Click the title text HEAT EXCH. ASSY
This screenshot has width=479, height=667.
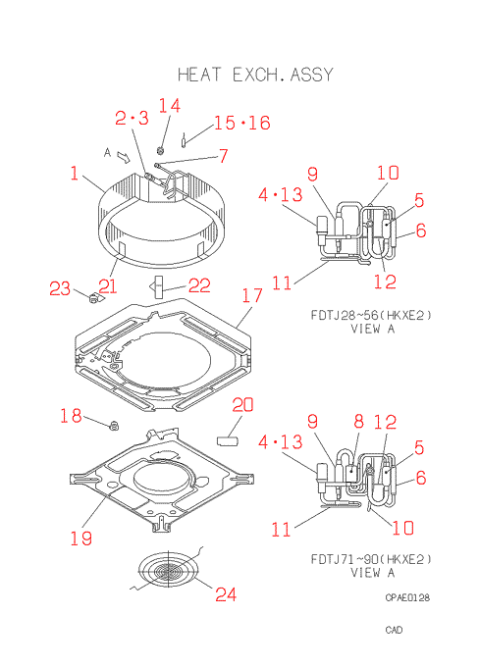click(x=255, y=75)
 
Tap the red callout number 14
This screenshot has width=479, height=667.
click(x=170, y=106)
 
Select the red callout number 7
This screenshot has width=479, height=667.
click(x=224, y=156)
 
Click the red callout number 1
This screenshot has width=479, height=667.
click(x=75, y=174)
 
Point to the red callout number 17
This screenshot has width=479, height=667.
click(x=252, y=295)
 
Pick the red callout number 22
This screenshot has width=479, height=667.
click(x=199, y=285)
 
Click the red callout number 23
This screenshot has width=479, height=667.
click(x=60, y=288)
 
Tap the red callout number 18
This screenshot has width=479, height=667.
click(x=71, y=416)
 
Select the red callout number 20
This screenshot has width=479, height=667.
click(x=242, y=404)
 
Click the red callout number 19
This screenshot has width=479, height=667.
click(x=80, y=539)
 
